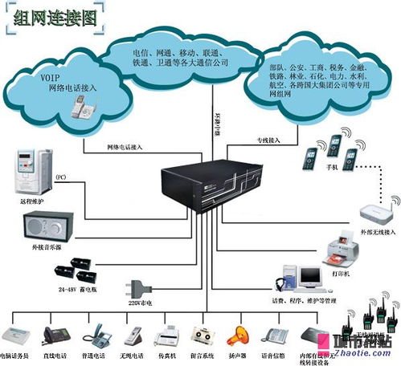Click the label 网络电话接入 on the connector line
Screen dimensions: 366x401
pyautogui.click(x=125, y=147)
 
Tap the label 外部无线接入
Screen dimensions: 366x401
pyautogui.click(x=375, y=232)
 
